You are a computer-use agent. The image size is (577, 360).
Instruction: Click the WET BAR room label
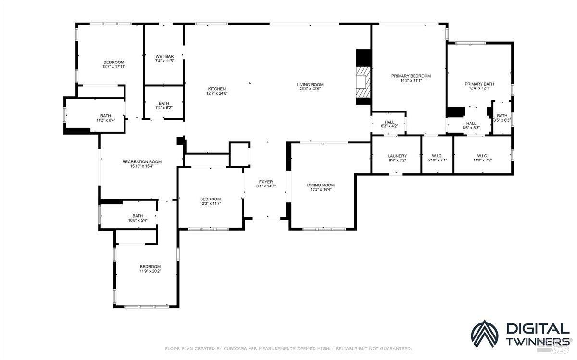coord(164,56)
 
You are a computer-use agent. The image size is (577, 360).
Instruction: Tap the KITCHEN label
coord(216,89)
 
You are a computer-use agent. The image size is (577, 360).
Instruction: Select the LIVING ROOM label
coord(310,84)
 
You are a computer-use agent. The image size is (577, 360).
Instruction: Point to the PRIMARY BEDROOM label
coord(411,76)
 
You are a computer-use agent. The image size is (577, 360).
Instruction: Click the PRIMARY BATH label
coord(479,84)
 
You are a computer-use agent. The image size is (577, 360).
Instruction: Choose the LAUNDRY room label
coord(397,156)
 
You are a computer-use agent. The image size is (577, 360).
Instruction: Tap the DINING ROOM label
coord(321,185)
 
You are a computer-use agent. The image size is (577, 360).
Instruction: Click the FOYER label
coord(265,182)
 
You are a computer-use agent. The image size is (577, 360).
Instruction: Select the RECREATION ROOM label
coord(142,161)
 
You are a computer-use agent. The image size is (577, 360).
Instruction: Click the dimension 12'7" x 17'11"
coord(114,67)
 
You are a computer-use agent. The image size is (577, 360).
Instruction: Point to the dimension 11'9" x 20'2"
coord(150,271)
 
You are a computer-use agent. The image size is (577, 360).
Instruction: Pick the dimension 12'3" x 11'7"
coord(210,203)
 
